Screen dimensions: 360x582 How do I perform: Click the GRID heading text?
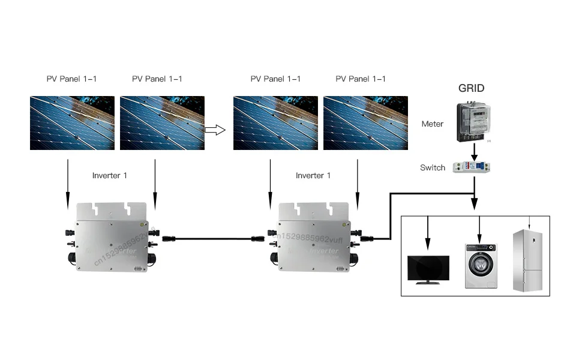coord(471,88)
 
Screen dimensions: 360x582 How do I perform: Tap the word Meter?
coord(432,124)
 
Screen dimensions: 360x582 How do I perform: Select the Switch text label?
coord(433,167)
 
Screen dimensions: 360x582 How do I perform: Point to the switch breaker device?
coord(474,168)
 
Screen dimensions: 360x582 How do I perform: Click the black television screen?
coord(428,268)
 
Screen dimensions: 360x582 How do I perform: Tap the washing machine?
coord(481,265)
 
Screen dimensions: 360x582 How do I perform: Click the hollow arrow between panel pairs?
coord(214,128)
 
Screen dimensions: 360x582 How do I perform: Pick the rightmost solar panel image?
coord(365,124)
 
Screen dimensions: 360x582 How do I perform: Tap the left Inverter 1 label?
coord(110,176)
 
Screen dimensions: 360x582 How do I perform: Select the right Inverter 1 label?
coord(313,176)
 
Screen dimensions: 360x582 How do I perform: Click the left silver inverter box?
coord(110,237)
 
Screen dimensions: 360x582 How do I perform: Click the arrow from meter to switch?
coord(475,150)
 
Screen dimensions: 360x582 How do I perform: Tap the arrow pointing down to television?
coord(428,234)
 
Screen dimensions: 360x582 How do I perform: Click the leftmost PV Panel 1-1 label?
coord(72,79)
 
